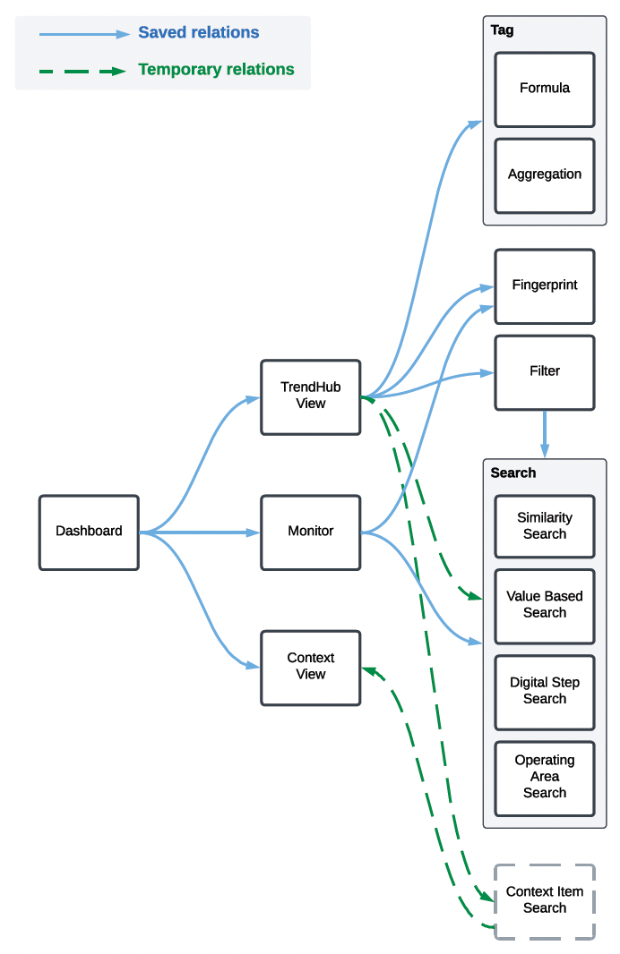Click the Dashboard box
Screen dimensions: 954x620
89,532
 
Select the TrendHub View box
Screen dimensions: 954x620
310,396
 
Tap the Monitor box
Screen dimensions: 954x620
310,532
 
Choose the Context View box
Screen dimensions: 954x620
310,667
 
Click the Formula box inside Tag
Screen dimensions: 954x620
544,89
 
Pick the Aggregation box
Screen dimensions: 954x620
544,175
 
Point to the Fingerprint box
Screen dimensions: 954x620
544,285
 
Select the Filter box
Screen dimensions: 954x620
544,371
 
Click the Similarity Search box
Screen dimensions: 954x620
544,526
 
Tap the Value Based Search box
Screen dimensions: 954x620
544,605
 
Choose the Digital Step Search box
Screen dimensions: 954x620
544,691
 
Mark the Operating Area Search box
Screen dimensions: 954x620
544,777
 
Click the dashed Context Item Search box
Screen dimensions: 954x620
544,900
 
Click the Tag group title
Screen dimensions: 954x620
503,30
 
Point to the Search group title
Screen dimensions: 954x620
513,473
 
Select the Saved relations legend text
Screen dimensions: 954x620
198,33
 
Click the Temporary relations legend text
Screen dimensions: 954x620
216,70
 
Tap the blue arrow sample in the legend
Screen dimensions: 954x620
84,34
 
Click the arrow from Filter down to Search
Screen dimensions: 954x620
544,434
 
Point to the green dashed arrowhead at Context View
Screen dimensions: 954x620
367,669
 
